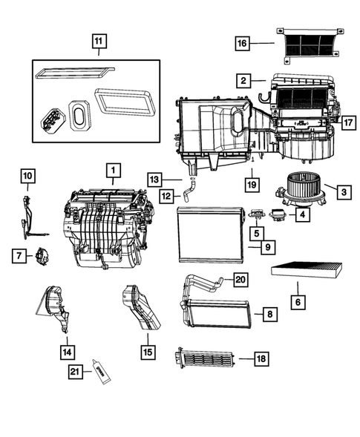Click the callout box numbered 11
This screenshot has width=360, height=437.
click(98, 42)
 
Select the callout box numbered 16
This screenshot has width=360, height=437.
click(242, 45)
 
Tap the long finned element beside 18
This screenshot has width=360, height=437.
click(204, 359)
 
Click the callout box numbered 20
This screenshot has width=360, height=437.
click(239, 280)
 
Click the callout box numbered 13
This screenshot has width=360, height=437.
click(153, 179)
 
